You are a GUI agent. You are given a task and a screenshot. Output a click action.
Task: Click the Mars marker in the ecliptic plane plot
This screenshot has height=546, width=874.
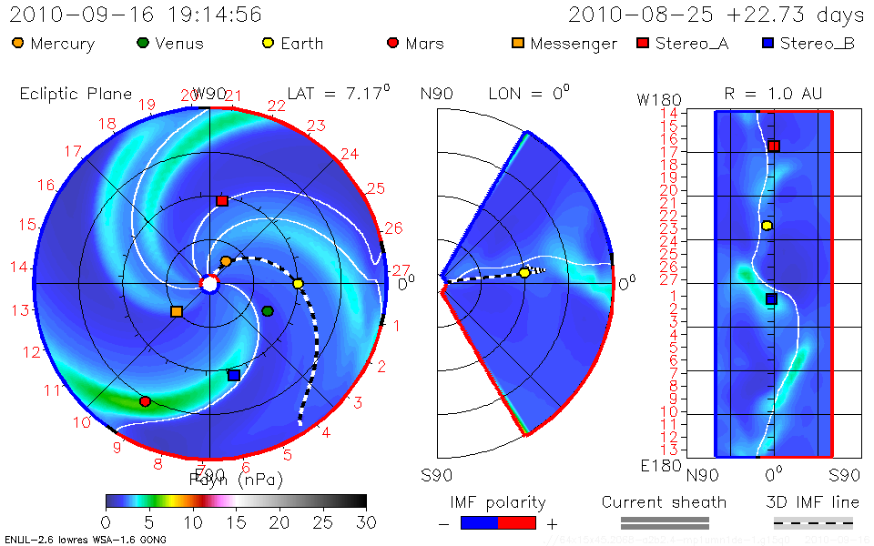145,401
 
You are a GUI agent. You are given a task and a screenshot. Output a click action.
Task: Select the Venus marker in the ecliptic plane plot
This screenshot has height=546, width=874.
268,311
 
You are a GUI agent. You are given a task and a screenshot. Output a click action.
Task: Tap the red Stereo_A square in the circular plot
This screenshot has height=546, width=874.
222,200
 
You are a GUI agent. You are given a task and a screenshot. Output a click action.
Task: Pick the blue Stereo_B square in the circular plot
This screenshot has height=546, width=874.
234,375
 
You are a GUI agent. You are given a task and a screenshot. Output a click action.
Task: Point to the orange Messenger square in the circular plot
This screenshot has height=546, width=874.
177,312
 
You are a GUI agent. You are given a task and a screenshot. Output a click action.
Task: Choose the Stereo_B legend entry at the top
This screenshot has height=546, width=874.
808,44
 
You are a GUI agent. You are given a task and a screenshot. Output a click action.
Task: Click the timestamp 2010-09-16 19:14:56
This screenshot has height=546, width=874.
136,15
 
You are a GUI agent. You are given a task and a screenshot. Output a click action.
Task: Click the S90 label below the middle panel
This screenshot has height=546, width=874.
436,475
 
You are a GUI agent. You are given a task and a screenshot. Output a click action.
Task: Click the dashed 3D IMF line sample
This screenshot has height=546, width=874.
813,522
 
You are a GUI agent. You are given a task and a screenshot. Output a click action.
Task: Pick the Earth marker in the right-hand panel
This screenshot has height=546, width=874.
767,226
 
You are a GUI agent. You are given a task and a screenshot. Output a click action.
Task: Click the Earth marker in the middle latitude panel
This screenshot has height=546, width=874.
524,273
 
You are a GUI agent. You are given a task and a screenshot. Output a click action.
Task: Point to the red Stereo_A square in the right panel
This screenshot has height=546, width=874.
774,146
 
